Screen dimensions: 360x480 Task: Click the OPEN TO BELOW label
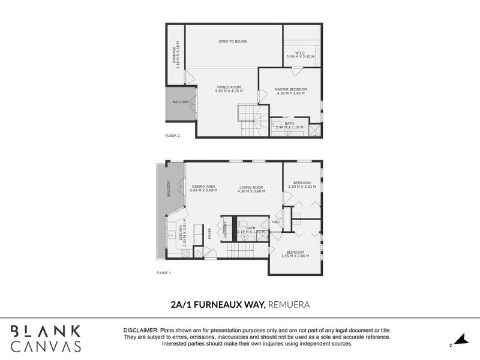(x=233, y=41)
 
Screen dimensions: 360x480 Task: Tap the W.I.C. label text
(x=300, y=53)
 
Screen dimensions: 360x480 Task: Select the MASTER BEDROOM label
(x=290, y=89)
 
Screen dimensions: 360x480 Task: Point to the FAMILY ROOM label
(x=229, y=87)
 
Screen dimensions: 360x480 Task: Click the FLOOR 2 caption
(x=172, y=136)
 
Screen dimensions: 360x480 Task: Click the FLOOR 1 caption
(x=163, y=272)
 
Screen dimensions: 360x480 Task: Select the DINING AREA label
(x=204, y=187)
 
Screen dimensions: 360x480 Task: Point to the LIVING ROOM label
(x=251, y=187)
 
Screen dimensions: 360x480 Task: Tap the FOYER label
(x=210, y=234)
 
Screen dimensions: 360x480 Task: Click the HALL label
(x=275, y=221)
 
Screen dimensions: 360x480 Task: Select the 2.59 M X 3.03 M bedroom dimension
(x=302, y=187)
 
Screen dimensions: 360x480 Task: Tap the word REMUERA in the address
(x=289, y=304)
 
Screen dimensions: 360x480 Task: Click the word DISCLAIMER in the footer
(x=140, y=331)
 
